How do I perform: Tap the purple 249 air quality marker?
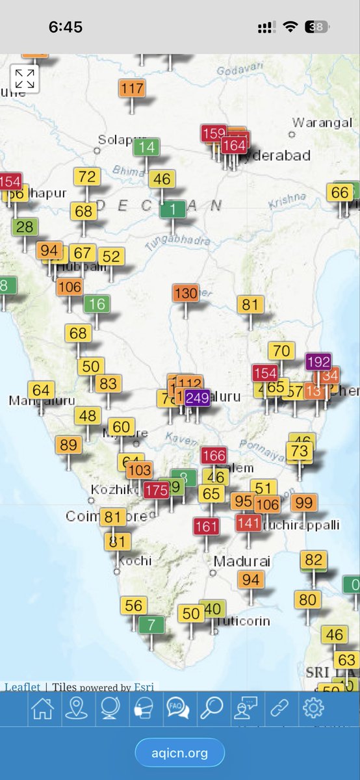pos(198,397)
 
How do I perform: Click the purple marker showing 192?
pos(318,361)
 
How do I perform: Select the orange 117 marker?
pos(133,88)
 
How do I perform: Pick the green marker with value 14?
pos(148,147)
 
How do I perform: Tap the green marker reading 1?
pos(173,209)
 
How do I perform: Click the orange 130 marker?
pos(186,293)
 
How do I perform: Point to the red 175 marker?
pos(156,490)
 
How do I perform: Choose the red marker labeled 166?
pos(213,455)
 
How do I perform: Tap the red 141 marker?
pos(248,523)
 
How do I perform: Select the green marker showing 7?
pos(151,625)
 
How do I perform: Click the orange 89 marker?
pos(69,445)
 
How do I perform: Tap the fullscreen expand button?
pos(25,79)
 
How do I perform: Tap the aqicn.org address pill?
pos(180,753)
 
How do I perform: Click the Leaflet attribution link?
pos(22,687)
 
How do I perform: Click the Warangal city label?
pos(322,122)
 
